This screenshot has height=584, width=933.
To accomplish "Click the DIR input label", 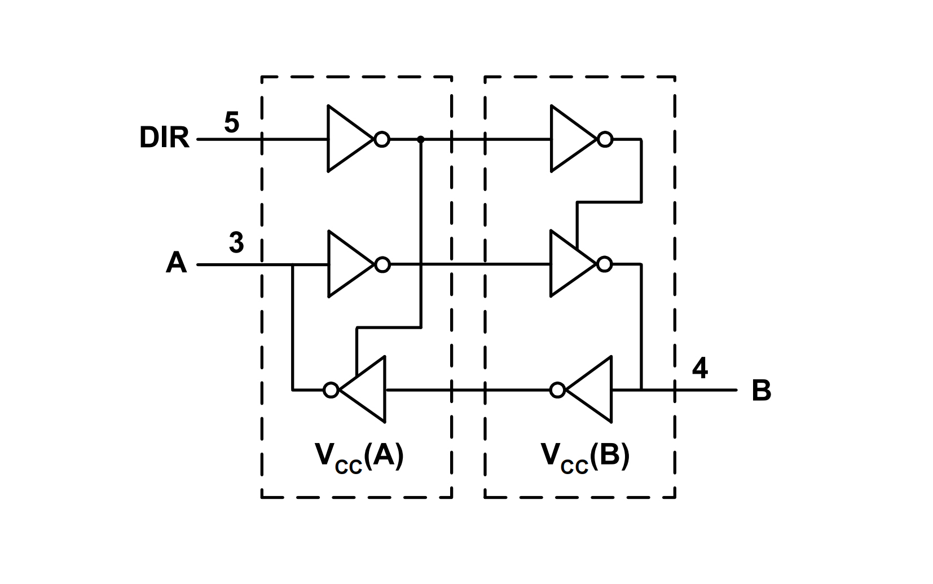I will click(164, 138).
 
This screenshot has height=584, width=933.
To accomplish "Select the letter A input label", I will click(176, 263).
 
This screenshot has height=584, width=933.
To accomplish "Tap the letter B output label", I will click(761, 390).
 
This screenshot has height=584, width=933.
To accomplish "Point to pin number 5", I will click(231, 122).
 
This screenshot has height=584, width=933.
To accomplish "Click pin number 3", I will click(236, 243).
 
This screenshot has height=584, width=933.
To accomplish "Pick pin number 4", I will click(699, 369).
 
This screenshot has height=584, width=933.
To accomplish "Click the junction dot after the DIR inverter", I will click(420, 139).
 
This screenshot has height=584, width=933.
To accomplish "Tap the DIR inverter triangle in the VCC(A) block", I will click(347, 139).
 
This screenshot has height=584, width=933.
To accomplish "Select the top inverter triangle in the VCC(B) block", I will click(570, 139).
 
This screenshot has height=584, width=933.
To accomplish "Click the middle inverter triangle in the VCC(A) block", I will click(347, 264).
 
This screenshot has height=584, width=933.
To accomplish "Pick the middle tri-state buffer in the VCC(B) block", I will click(570, 264).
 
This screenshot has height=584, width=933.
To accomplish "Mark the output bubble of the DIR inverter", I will click(382, 139).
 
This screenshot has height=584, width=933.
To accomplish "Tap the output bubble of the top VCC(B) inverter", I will click(605, 139).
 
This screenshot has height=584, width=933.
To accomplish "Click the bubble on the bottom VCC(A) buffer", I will click(331, 390).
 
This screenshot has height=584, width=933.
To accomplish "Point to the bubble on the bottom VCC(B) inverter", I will click(557, 390).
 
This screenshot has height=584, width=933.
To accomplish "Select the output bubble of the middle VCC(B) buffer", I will click(605, 264).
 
